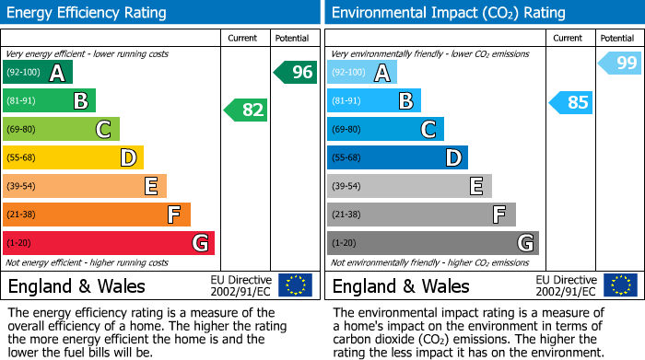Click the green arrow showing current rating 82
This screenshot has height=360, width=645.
click(x=246, y=110)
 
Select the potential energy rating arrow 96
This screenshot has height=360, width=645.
click(x=296, y=72)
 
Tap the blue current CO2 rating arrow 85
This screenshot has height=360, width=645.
click(x=570, y=102)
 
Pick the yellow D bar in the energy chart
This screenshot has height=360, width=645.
click(x=73, y=158)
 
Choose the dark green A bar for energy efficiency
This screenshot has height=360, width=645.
click(x=38, y=73)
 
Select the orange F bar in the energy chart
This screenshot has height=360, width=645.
click(x=97, y=215)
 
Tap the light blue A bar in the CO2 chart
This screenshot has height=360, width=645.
click(x=362, y=73)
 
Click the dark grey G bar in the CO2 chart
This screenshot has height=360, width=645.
click(x=432, y=243)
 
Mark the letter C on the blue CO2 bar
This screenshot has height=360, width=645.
click(x=428, y=130)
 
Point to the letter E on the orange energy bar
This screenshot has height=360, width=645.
click(x=150, y=187)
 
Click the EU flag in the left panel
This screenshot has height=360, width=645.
click(x=295, y=285)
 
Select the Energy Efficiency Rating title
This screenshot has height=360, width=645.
click(x=88, y=13)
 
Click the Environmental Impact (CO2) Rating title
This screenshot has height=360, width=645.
click(x=448, y=13)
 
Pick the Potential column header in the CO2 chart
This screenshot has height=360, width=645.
click(x=617, y=38)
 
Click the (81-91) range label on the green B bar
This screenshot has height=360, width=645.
click(x=20, y=101)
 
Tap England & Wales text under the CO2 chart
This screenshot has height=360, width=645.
click(x=401, y=285)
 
